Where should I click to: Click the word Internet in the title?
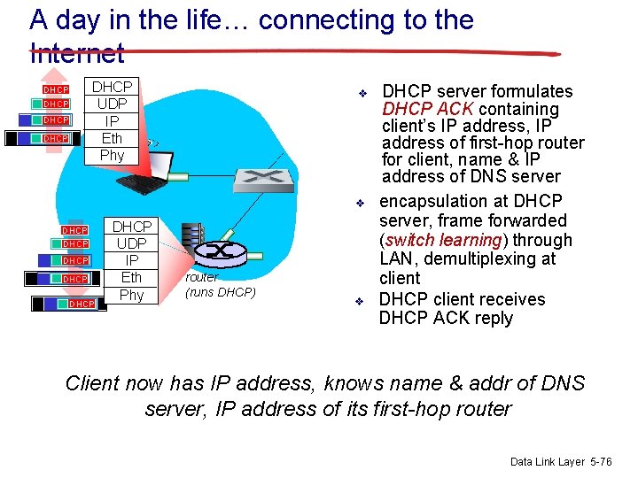(76, 54)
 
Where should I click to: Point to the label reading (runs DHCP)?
(221, 292)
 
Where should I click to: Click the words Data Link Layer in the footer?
(547, 462)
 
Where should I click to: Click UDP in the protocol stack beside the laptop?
(113, 104)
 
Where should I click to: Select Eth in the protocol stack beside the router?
(131, 278)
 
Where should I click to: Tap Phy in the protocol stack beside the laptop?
(113, 155)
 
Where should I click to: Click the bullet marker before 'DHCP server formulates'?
(362, 93)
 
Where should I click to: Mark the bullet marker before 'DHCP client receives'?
(361, 301)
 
